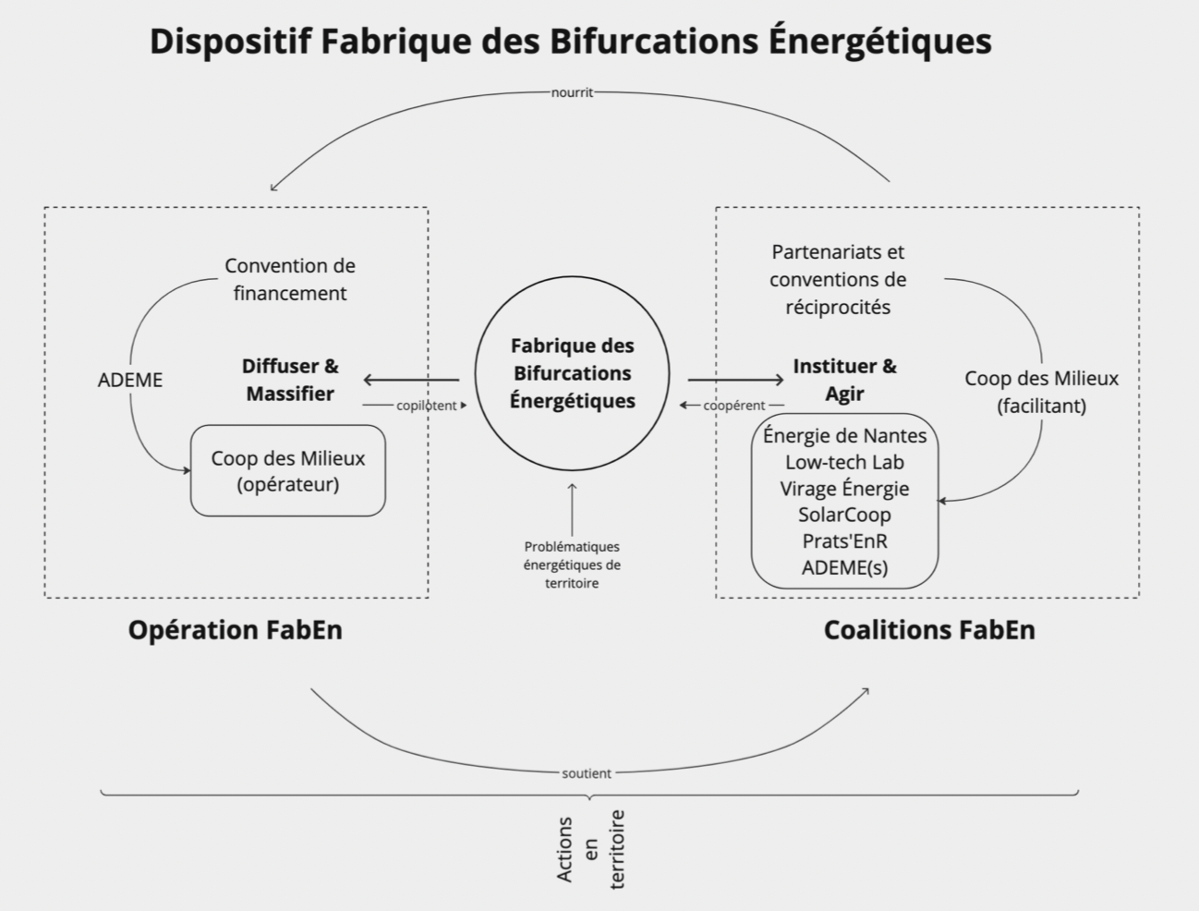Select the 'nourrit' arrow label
click(x=572, y=92)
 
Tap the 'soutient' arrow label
click(x=587, y=773)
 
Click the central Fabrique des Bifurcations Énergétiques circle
click(x=572, y=373)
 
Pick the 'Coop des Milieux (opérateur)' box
click(x=288, y=470)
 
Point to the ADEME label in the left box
click(x=130, y=380)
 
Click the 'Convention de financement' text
click(x=290, y=279)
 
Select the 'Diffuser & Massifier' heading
click(x=290, y=380)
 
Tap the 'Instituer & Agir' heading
click(x=844, y=380)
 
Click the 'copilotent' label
click(x=426, y=406)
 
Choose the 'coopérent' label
click(x=734, y=406)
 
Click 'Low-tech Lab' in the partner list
click(x=844, y=462)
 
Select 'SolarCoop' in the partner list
click(x=844, y=515)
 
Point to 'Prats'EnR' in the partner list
click(x=844, y=541)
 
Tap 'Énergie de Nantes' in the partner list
click(x=844, y=435)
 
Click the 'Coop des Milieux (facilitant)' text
click(x=1041, y=392)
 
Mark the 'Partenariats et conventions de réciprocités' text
click(x=838, y=279)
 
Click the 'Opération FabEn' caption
click(x=235, y=630)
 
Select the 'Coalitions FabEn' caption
click(x=928, y=630)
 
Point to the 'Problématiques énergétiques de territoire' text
click(x=572, y=565)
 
